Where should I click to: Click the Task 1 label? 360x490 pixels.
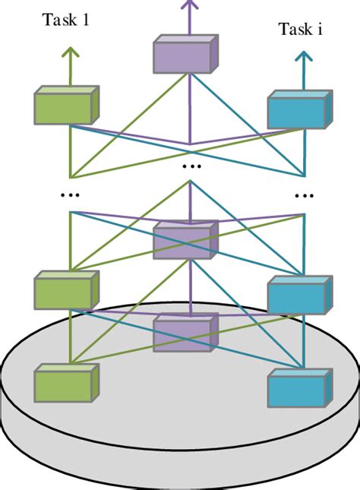click(x=65, y=20)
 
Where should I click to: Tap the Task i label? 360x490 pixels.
click(x=300, y=29)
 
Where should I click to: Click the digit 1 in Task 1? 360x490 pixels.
click(x=85, y=20)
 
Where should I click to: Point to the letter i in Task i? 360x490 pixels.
click(x=320, y=29)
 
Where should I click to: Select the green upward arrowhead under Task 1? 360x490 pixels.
click(x=71, y=52)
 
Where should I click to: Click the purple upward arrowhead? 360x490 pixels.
click(x=189, y=4)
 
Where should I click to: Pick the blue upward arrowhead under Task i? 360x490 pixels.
click(x=304, y=56)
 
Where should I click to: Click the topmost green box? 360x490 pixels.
click(x=67, y=105)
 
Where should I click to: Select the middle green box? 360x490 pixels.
click(x=67, y=290)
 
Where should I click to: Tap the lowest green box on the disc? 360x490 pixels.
click(x=67, y=383)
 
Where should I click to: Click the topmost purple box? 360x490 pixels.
click(x=185, y=54)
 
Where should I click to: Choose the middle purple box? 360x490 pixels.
click(x=185, y=240)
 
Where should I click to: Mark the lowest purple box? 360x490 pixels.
click(x=185, y=333)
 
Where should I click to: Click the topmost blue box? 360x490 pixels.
click(x=300, y=109)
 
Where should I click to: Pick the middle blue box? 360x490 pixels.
click(x=300, y=295)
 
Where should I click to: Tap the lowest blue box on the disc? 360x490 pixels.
click(x=300, y=387)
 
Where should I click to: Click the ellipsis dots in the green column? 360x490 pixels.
click(x=70, y=195)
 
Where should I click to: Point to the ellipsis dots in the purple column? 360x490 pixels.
click(x=191, y=166)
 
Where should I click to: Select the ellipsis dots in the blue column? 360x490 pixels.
click(x=304, y=196)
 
